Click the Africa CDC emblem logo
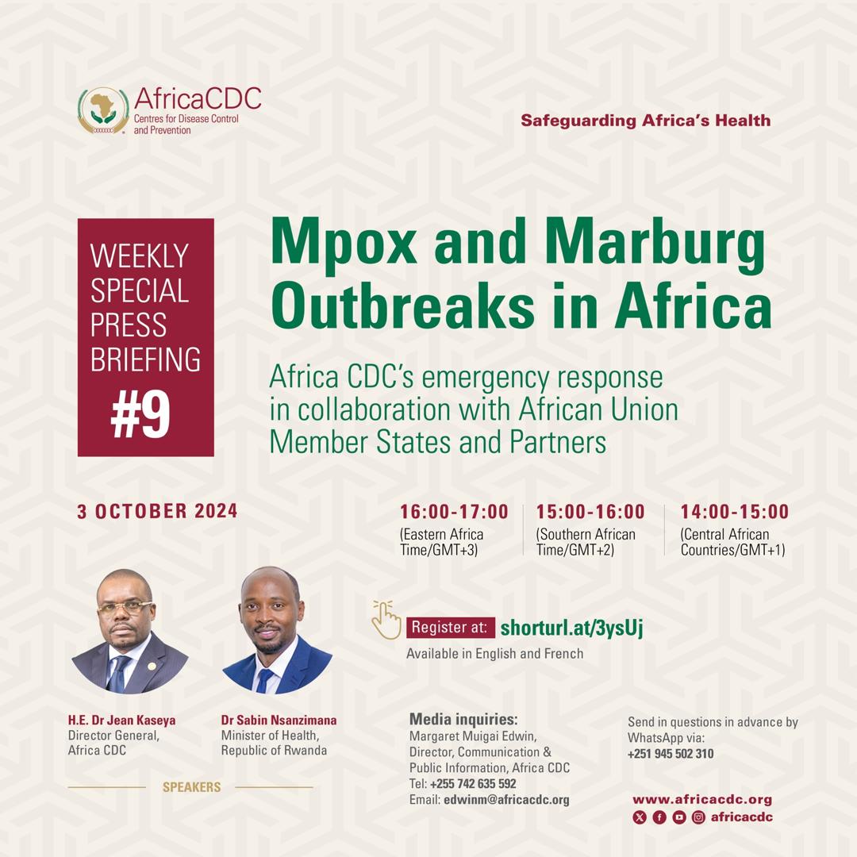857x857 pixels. tap(103, 110)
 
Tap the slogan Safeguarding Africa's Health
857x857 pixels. tap(645, 121)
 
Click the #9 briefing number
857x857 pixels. tap(140, 415)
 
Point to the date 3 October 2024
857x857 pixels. tap(157, 511)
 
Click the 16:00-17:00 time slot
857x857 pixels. tap(454, 512)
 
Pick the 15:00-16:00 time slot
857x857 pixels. tap(590, 512)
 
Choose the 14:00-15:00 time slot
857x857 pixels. tap(735, 512)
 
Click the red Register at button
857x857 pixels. tap(451, 628)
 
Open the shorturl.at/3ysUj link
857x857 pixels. tap(571, 628)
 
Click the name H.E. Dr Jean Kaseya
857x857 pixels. tap(122, 720)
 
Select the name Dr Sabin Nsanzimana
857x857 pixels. tap(279, 720)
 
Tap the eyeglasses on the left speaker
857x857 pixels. tap(125, 607)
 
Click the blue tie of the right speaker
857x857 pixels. tap(264, 680)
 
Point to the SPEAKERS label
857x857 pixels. tap(191, 787)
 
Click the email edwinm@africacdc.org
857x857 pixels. tap(506, 800)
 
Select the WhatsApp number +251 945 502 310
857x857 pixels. tap(671, 754)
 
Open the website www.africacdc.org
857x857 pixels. tap(702, 799)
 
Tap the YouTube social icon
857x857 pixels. tap(679, 817)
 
